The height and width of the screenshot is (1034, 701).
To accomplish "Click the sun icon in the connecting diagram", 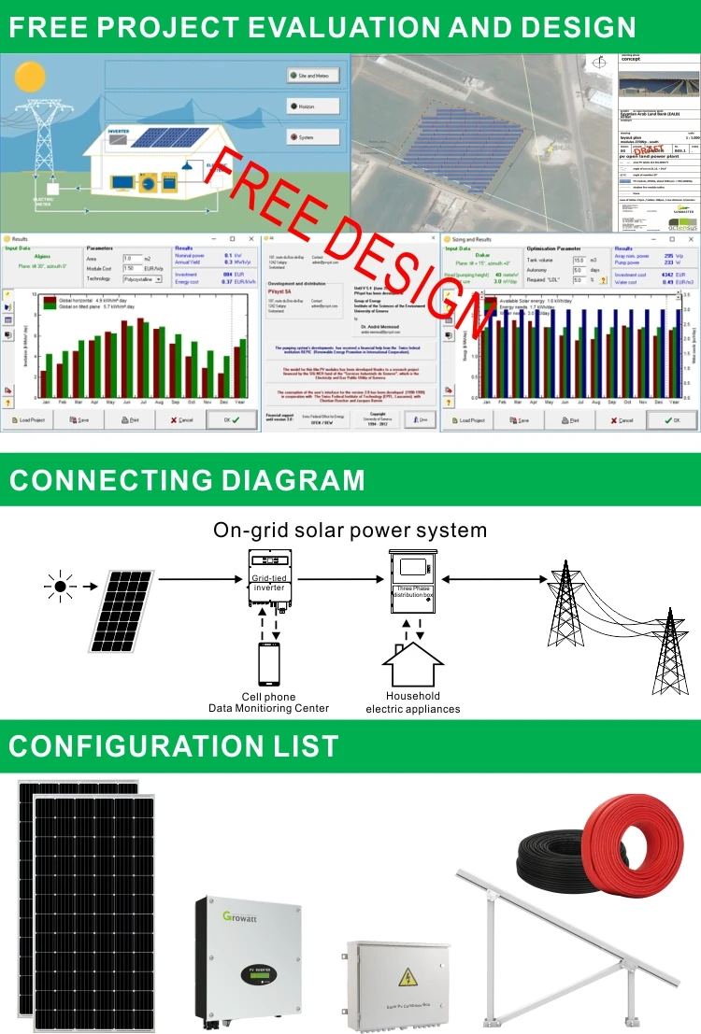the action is click(61, 587).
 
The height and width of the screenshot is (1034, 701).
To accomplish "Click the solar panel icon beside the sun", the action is click(123, 612).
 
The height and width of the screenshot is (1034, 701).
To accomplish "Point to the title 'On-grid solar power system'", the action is click(350, 531).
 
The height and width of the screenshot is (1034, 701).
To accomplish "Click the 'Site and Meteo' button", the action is click(313, 76).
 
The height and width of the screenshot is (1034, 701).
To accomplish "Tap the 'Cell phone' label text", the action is click(268, 697).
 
